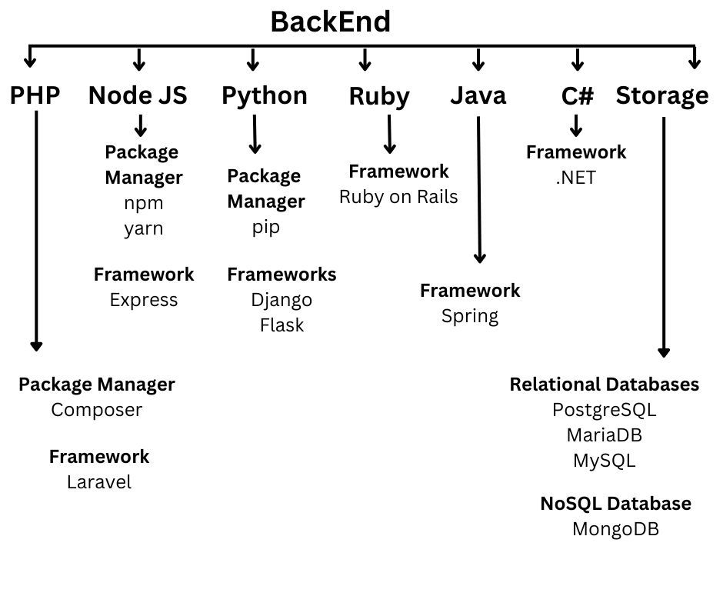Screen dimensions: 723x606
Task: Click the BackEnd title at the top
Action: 330,22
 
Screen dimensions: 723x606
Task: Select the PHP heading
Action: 35,95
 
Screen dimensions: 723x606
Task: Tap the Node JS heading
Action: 138,95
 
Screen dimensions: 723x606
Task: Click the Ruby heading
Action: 379,96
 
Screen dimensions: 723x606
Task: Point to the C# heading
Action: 578,95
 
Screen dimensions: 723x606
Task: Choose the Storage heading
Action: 662,96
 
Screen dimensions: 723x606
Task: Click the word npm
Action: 144,203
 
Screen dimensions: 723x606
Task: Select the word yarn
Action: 144,228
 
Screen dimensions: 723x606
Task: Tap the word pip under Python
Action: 265,227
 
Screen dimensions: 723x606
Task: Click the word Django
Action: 282,300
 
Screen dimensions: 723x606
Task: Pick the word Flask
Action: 282,325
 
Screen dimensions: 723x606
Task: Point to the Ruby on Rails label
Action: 398,197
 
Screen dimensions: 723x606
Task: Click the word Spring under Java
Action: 470,316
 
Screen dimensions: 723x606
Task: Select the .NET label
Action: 576,178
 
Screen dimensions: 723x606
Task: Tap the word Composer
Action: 96,410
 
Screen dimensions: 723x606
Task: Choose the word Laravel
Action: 99,482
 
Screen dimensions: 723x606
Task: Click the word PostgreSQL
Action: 604,410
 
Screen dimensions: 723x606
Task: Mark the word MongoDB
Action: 615,529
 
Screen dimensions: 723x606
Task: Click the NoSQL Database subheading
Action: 615,503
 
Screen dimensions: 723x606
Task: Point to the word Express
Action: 144,300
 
